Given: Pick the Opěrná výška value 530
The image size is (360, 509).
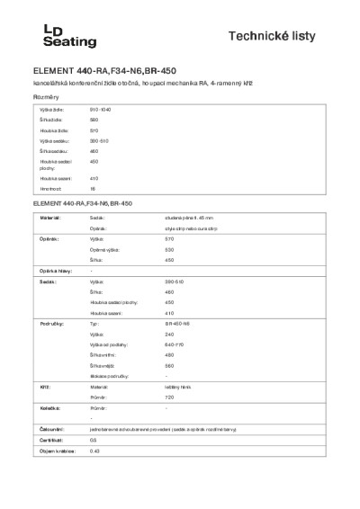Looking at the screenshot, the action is tap(169, 249).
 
